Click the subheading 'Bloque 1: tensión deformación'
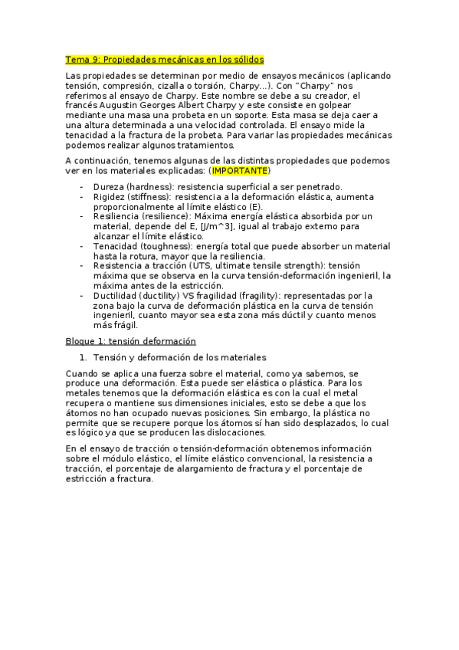coord(130,340)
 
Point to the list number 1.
coord(83,357)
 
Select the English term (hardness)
coord(154,187)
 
